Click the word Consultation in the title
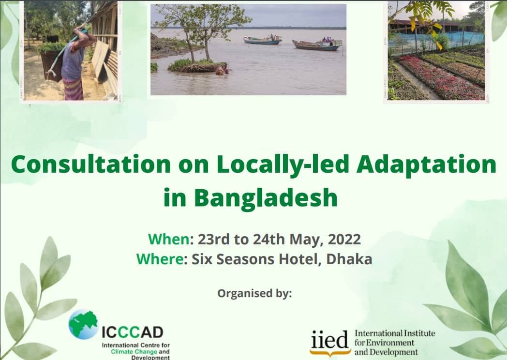tap(91, 165)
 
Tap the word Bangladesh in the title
tap(266, 198)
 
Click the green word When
tap(168, 240)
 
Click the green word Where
tap(160, 259)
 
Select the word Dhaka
tap(349, 259)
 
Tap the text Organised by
tap(254, 293)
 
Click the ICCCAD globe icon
tap(83, 324)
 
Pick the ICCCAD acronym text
tap(133, 332)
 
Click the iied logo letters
tap(329, 340)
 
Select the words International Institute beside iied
tap(395, 333)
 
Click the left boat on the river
tap(263, 40)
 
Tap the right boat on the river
tap(317, 45)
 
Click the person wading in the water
tap(223, 71)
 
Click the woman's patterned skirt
tap(73, 89)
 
